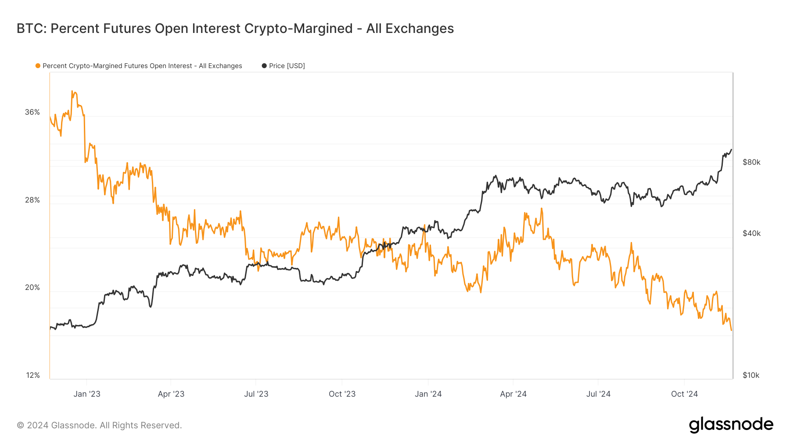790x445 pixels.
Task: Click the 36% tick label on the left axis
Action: coord(32,112)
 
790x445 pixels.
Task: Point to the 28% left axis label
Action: coord(32,200)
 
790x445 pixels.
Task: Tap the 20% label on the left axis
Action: coord(32,287)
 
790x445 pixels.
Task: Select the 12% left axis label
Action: coord(33,375)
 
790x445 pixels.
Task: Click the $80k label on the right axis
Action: coord(751,162)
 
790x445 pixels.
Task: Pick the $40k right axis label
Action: coord(751,233)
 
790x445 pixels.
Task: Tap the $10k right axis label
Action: coord(751,375)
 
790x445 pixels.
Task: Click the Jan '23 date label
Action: coord(87,394)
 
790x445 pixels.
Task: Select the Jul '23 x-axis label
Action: coord(256,394)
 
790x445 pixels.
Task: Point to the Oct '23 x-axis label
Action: coord(342,394)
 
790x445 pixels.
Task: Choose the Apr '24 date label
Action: coord(513,394)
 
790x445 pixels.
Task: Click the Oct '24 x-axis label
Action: coord(684,394)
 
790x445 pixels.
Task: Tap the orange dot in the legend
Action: coord(38,66)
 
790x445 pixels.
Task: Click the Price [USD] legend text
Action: coord(287,66)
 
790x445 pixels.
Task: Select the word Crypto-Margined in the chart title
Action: coord(298,29)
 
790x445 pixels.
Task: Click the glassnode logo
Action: coord(731,424)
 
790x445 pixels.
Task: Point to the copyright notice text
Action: coord(99,425)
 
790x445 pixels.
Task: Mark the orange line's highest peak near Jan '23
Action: coord(72,91)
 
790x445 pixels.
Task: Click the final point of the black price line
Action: coord(731,149)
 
